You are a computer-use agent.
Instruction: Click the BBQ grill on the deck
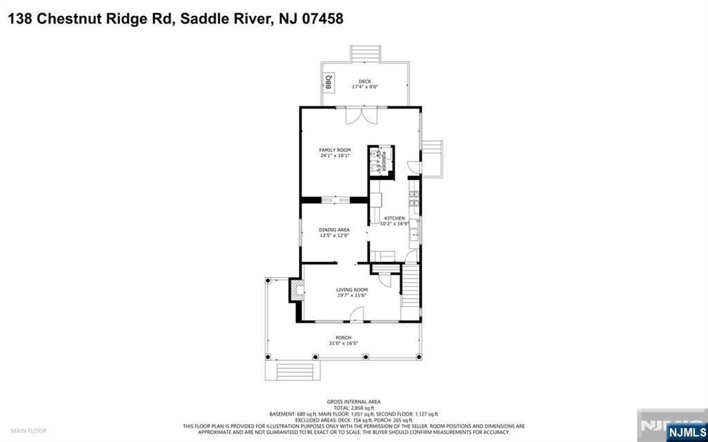(329, 82)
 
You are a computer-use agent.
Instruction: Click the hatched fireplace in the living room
(296, 290)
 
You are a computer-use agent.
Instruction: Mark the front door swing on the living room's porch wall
(357, 315)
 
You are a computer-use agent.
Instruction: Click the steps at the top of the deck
(366, 54)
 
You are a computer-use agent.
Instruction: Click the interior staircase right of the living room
(411, 290)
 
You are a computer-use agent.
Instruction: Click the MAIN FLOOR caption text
(28, 430)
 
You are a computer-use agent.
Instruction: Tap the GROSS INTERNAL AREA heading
(353, 402)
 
